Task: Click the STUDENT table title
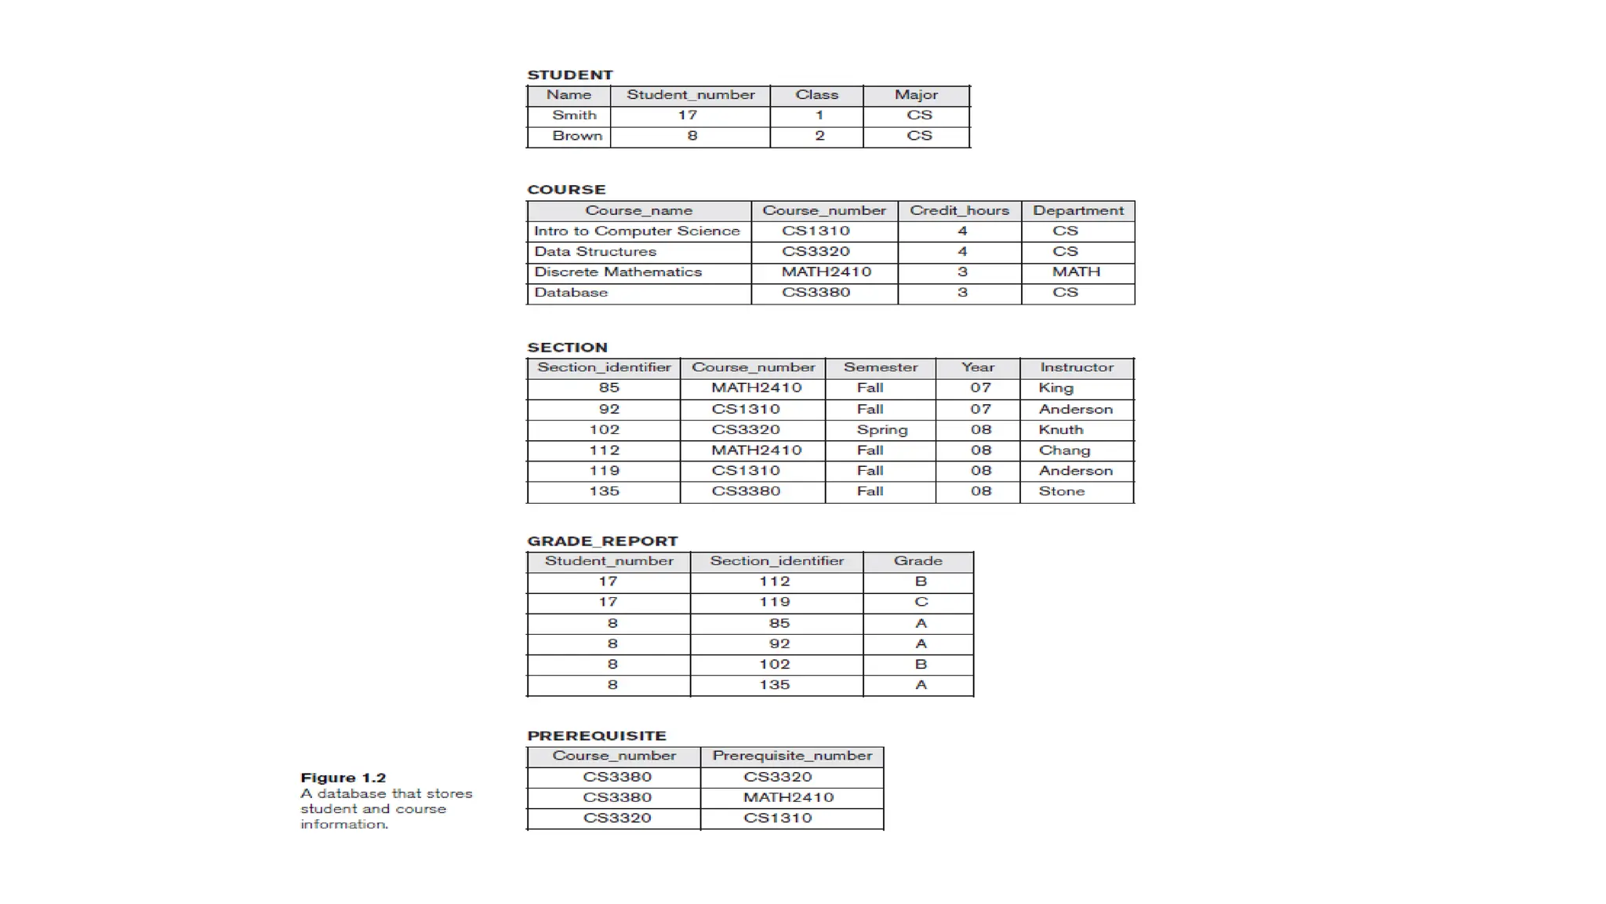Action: tap(569, 75)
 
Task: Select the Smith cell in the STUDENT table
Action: tap(574, 115)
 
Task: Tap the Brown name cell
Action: tap(577, 136)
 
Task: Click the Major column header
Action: tap(916, 95)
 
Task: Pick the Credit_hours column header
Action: tap(959, 210)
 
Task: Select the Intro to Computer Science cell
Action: tap(637, 231)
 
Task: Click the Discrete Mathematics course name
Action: tap(618, 272)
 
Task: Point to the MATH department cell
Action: tap(1076, 272)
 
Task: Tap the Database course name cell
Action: tap(571, 292)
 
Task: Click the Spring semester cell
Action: tap(881, 429)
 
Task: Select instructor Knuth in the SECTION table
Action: tap(1060, 429)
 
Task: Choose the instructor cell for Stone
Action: tap(1061, 491)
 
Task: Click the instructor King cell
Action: tap(1056, 388)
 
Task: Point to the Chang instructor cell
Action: tap(1064, 450)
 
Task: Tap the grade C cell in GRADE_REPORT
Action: tap(921, 602)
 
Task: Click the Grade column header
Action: tap(917, 561)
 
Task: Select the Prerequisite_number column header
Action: tap(792, 756)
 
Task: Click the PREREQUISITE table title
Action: tap(596, 736)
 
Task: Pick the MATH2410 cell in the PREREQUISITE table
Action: tap(788, 797)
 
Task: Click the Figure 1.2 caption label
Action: tap(343, 778)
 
